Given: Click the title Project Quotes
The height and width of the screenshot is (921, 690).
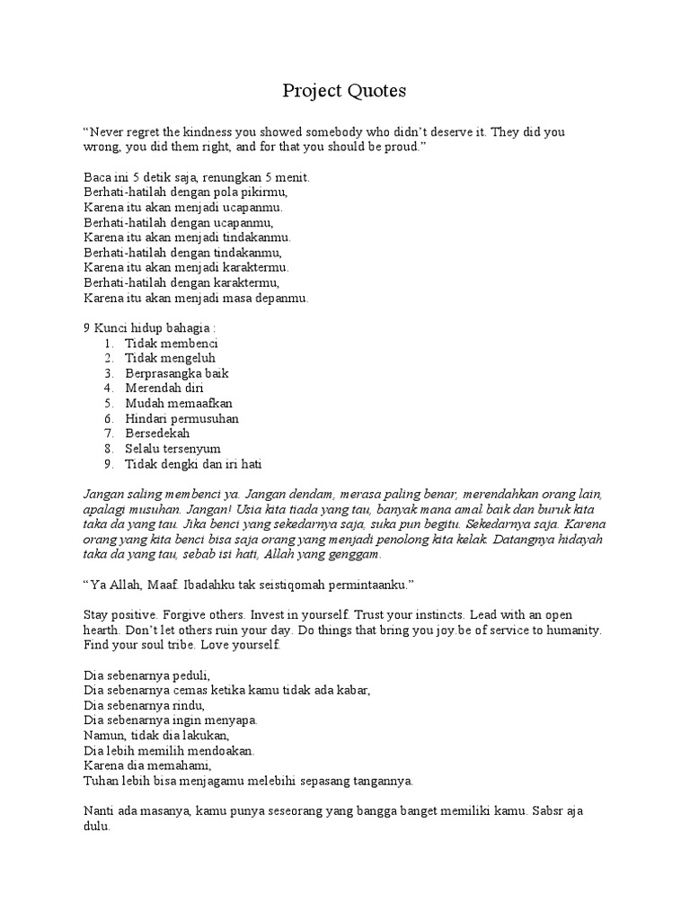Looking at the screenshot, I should (x=344, y=91).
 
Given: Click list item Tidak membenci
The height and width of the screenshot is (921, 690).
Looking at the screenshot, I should (x=171, y=344).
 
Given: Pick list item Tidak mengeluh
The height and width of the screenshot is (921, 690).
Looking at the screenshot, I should (x=171, y=358).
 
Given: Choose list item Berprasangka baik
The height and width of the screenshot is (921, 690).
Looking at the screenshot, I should (x=177, y=373).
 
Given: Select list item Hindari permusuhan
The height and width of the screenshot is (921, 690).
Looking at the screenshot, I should (x=181, y=418).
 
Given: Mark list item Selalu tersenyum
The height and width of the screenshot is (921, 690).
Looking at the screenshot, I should (x=172, y=449).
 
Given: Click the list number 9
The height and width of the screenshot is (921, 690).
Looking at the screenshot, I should (x=106, y=464).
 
